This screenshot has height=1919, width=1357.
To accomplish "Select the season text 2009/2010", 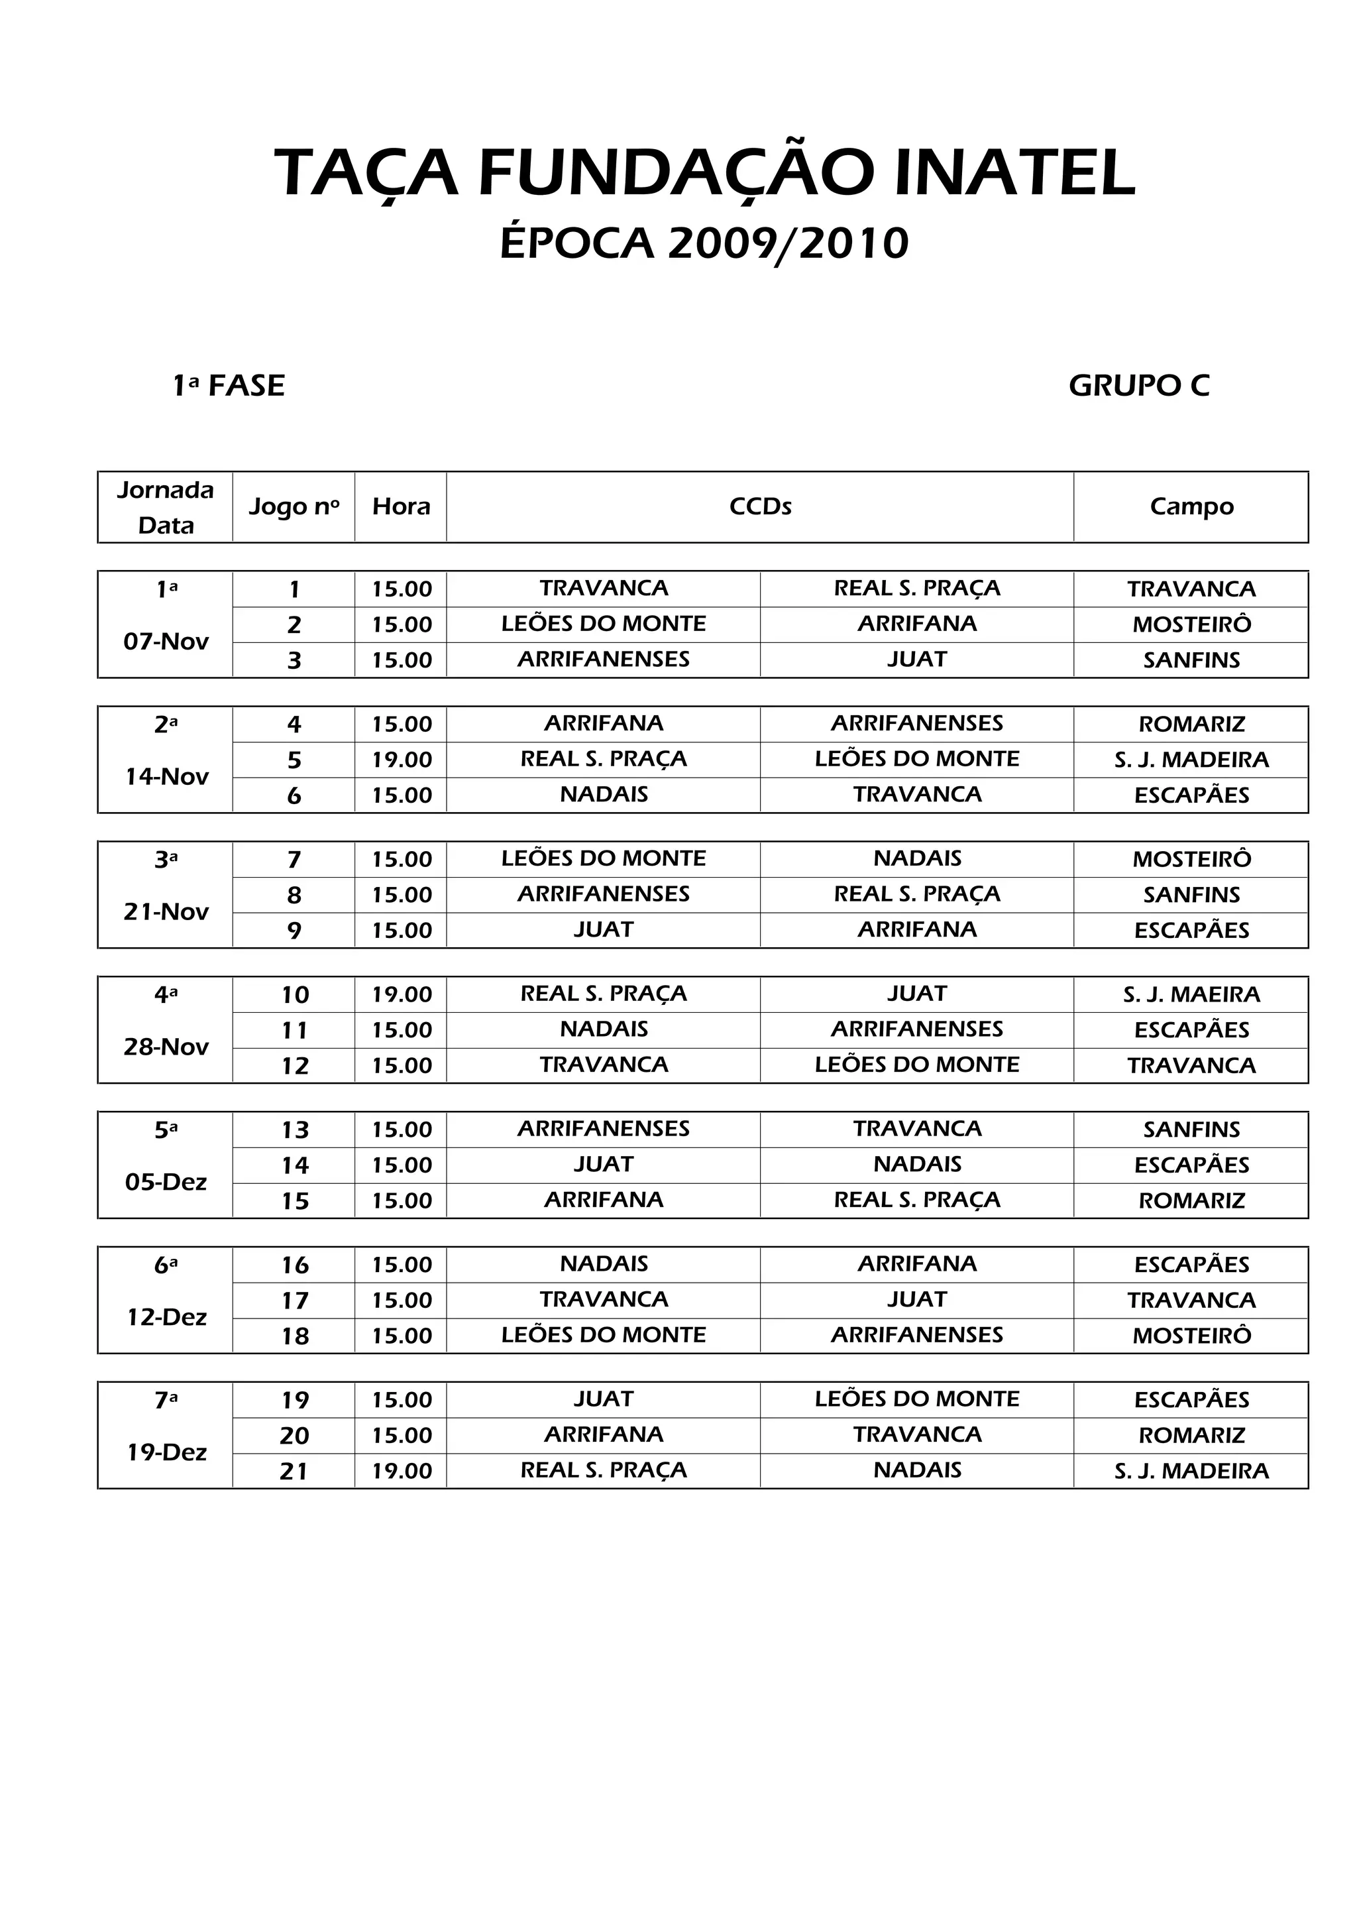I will coord(788,243).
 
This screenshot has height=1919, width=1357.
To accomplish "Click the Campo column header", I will coord(1191,506).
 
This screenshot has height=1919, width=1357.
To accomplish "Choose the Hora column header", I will coord(401,506).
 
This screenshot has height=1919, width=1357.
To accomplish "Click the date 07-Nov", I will coord(166,642).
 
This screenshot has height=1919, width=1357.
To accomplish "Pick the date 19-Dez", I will coord(166,1452).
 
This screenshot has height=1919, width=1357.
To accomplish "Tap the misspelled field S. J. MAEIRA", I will coord(1191,994).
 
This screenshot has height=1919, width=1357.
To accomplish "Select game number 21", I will coord(294,1471).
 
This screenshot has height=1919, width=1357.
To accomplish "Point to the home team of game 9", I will coord(604,929).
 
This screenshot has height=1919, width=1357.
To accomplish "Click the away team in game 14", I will coord(916,1164).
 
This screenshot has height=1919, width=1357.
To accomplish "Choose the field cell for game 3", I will coord(1191,660).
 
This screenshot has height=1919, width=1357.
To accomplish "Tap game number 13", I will coord(294,1130).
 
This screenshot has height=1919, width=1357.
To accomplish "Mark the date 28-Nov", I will coord(166,1047).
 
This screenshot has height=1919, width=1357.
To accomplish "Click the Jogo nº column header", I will coord(294,506).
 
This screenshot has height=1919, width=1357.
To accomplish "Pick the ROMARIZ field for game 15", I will coord(1191,1201).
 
